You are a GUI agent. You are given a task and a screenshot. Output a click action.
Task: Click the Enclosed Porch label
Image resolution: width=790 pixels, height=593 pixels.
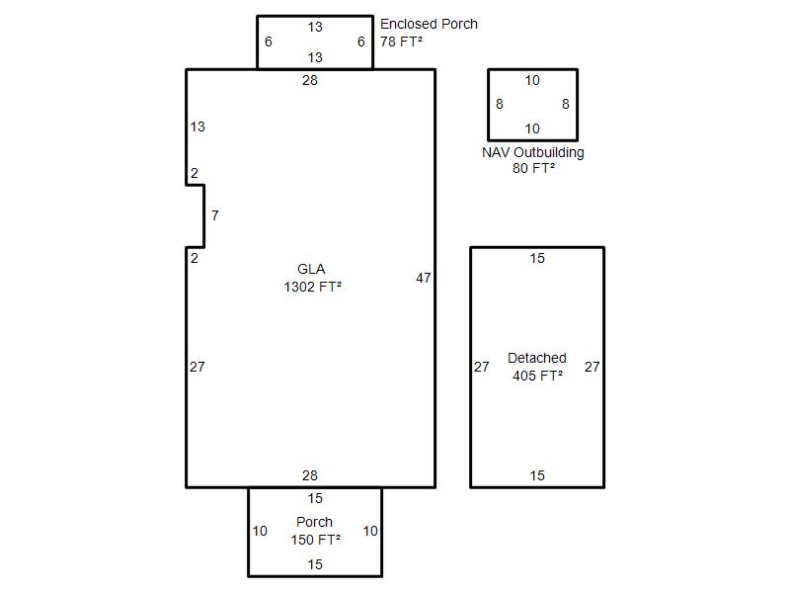pos(429,24)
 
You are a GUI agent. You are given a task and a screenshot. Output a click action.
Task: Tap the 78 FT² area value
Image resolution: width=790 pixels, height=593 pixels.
pos(401,42)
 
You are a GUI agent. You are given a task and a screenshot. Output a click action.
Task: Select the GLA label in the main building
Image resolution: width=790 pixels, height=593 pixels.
pos(311,269)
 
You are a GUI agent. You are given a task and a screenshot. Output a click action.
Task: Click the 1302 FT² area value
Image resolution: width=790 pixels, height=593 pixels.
pos(312,287)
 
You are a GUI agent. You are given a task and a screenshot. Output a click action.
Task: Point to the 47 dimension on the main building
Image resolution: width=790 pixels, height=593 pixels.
pos(424,278)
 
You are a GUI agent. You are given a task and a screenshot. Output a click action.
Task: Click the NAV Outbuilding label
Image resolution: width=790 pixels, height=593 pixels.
pos(533,152)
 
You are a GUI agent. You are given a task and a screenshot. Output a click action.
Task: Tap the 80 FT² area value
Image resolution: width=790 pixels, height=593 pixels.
pos(533,168)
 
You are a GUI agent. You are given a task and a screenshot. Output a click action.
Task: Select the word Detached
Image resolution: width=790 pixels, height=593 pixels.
pos(537,358)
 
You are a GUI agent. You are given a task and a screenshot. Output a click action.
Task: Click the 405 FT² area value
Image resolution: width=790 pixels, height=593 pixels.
pos(537,376)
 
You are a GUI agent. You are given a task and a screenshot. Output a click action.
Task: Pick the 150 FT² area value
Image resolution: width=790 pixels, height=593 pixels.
pos(315,540)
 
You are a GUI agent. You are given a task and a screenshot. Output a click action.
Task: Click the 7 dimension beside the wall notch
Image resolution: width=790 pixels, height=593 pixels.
pos(215,215)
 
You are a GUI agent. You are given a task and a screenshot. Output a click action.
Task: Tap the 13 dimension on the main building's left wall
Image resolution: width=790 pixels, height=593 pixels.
pos(197,127)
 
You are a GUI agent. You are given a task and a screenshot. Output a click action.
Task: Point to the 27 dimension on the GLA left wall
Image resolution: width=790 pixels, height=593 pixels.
pos(197,367)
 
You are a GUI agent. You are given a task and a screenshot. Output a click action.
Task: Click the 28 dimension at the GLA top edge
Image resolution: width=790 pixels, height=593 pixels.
pos(310,80)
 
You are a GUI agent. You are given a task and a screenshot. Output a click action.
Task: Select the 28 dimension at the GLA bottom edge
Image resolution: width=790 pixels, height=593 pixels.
pos(310,475)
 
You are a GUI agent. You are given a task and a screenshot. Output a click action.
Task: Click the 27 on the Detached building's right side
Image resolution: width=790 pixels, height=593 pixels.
pos(592,367)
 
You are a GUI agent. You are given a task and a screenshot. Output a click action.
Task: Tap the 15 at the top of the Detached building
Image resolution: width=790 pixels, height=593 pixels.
pos(537,258)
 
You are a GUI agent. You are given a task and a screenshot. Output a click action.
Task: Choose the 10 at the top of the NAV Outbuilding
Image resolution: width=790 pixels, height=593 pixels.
pos(532,80)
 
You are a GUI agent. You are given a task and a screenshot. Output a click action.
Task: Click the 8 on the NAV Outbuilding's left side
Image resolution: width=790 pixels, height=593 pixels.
pos(500,104)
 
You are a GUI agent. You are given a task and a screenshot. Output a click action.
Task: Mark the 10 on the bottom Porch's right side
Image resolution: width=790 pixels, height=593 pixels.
pos(370,531)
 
